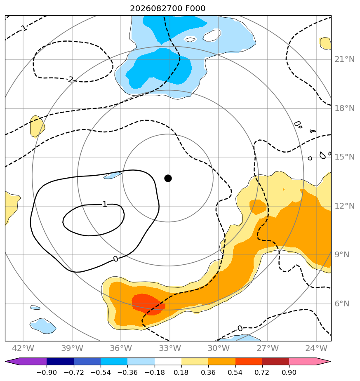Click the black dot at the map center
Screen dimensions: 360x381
point(168,179)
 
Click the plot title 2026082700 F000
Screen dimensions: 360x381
point(168,9)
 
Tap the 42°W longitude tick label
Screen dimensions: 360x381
point(23,348)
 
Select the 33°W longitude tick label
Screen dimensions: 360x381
point(169,348)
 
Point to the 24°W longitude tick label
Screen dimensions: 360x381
point(316,348)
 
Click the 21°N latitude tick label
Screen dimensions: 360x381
point(344,59)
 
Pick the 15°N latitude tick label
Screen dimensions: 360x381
point(344,157)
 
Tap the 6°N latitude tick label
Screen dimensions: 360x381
point(342,304)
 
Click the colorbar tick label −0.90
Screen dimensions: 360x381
point(47,373)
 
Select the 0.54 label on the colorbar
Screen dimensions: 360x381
point(235,373)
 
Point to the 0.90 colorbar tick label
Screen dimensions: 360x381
point(289,373)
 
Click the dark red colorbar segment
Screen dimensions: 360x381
point(275,361)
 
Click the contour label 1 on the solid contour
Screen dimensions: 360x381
point(104,205)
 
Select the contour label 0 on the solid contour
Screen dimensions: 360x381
point(116,259)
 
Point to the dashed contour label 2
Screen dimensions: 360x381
point(71,79)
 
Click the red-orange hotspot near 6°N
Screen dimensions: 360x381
point(148,304)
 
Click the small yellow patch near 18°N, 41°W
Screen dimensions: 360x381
point(37,126)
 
